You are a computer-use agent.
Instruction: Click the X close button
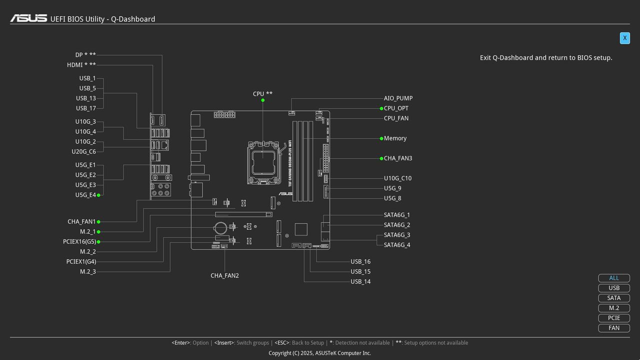click(x=624, y=38)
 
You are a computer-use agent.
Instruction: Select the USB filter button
click(x=614, y=288)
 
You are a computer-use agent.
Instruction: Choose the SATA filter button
click(x=614, y=298)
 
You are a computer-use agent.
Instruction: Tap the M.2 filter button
click(x=614, y=308)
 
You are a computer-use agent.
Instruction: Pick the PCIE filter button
click(x=614, y=318)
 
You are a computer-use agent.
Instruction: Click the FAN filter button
click(x=614, y=328)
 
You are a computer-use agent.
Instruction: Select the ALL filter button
click(x=614, y=278)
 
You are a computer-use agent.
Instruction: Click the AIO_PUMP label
click(x=398, y=98)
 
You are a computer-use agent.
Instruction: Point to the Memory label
click(x=395, y=138)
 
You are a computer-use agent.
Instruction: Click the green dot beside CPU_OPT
click(x=381, y=108)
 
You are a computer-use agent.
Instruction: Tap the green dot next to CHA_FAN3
click(x=381, y=158)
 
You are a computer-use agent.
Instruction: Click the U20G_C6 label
click(x=83, y=151)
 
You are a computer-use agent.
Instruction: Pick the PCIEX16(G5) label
click(x=79, y=241)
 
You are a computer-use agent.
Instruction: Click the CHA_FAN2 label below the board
click(x=224, y=275)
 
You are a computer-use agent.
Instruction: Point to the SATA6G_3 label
click(x=397, y=235)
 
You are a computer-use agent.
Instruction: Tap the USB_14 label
click(x=360, y=281)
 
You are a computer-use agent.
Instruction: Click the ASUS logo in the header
click(x=28, y=18)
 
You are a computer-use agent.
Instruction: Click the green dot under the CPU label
click(x=263, y=100)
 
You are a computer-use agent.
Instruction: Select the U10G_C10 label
click(x=397, y=178)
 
